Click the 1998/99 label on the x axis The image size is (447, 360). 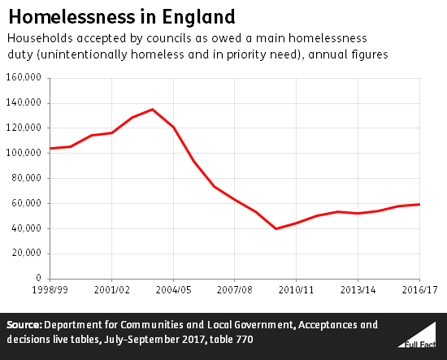pyautogui.click(x=50, y=288)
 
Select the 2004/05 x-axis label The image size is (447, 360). pyautogui.click(x=173, y=288)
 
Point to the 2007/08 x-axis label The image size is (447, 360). pyautogui.click(x=235, y=288)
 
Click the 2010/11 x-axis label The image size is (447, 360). pyautogui.click(x=297, y=288)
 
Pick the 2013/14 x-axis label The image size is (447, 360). pyautogui.click(x=358, y=288)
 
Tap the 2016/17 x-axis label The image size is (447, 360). pyautogui.click(x=418, y=288)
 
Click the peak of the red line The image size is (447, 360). pyautogui.click(x=153, y=109)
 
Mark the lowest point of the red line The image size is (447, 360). pyautogui.click(x=276, y=228)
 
